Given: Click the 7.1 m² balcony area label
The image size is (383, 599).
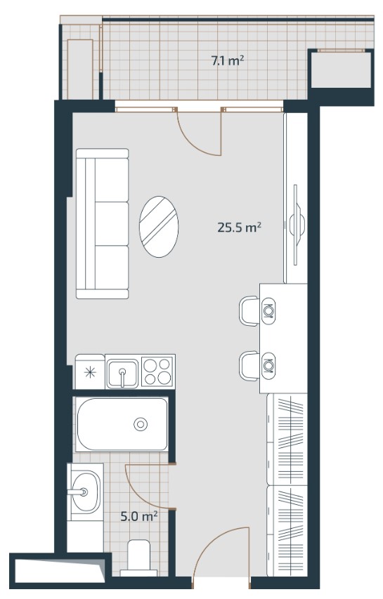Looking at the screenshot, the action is point(228,60).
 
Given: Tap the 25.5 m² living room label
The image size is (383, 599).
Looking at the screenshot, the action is point(239,228).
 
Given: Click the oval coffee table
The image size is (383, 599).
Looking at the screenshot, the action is point(159,227).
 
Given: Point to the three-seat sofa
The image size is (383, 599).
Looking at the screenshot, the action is point(103,223).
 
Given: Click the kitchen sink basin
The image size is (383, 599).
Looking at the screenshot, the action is point(122,374).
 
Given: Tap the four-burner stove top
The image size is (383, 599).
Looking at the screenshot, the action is point(158,371).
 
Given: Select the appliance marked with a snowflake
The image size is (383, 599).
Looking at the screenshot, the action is point(90,371).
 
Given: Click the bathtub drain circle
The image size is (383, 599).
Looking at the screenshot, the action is point(141,424).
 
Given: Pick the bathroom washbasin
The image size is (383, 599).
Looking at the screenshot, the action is point(86,492).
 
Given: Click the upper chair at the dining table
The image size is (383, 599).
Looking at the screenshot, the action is point(249,310).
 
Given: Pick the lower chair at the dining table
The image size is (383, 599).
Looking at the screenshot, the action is point(249,366).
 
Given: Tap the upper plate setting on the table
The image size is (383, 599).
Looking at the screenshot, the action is point(268,310).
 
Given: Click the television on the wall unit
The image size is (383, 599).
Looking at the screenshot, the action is point(297,225).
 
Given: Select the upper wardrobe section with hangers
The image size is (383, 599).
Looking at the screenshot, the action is point(287,439).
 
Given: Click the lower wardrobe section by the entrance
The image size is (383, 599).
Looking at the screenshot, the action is point(287,531).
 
